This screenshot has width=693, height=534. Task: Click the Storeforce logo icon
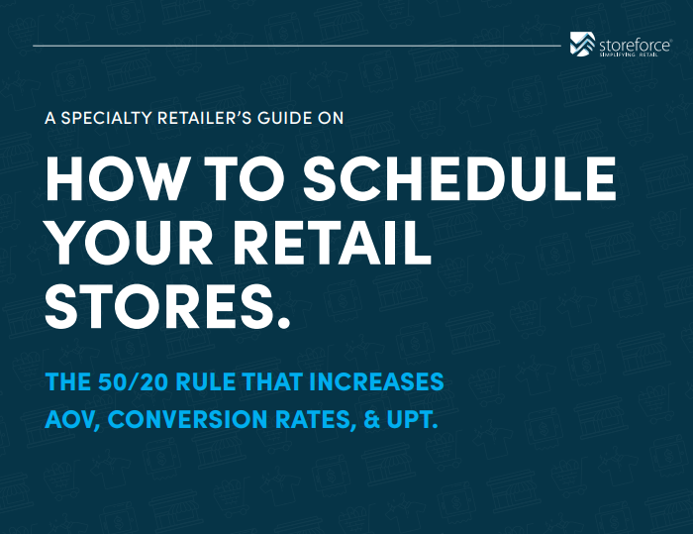point(582,44)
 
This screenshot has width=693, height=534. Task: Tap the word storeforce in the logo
point(635,46)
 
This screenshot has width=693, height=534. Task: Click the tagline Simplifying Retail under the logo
point(629,54)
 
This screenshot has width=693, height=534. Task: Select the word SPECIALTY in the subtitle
point(107,118)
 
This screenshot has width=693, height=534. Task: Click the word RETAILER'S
point(205,118)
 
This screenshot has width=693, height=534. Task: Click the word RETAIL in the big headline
point(332,243)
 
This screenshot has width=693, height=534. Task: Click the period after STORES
point(284,323)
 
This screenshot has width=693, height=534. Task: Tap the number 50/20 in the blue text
point(133,381)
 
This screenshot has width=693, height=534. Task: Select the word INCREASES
point(376,381)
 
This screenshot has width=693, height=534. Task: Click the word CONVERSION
point(187,419)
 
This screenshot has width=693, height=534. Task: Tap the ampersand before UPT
point(371,419)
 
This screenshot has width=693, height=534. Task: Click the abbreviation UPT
point(412,419)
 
